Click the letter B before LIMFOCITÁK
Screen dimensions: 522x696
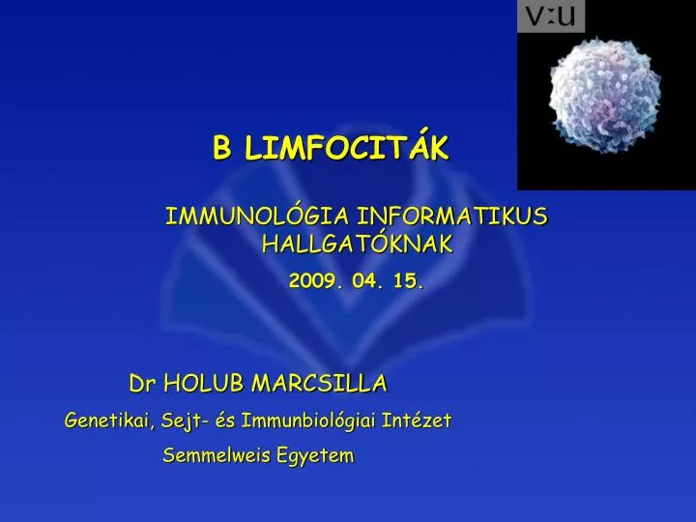(223, 149)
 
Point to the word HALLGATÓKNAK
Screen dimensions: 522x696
(357, 245)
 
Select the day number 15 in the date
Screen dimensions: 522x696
(410, 281)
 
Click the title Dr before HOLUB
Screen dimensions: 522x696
(143, 384)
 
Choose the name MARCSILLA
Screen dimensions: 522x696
(319, 384)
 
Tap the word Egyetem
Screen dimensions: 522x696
(319, 454)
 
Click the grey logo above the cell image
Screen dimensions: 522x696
(551, 16)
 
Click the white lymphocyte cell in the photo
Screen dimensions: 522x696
(606, 94)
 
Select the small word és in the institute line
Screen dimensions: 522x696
(221, 420)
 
